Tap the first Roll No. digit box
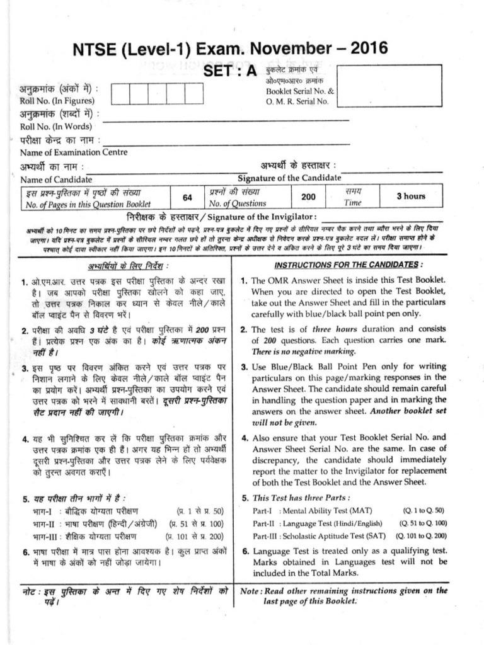coord(121,93)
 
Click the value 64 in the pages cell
coord(187,197)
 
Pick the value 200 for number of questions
coord(308,197)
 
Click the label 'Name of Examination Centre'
coord(74,152)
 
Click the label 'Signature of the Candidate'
coord(289,179)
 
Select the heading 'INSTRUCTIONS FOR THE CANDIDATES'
coord(349,264)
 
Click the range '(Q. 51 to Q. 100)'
coord(423,523)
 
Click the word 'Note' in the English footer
coord(251,591)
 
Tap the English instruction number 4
coord(245,437)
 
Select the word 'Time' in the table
coord(353,203)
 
